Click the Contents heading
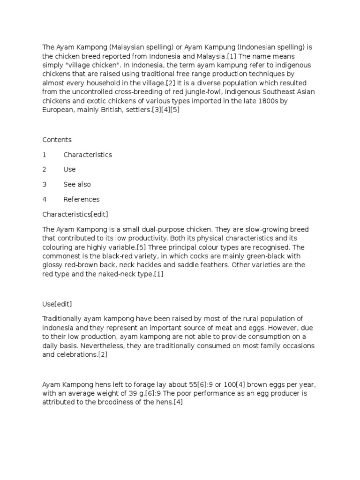[x=57, y=140]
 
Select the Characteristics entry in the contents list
[x=88, y=155]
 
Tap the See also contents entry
[x=77, y=184]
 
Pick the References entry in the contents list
[x=82, y=199]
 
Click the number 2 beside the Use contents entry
[x=45, y=169]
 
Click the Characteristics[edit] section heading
[x=75, y=214]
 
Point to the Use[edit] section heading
[x=57, y=304]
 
